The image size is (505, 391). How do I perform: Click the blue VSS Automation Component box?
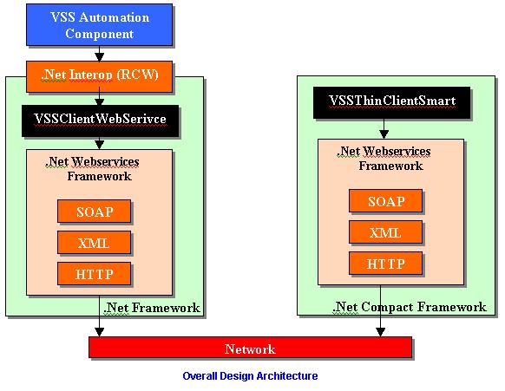99,25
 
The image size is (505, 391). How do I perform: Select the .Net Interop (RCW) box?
99,76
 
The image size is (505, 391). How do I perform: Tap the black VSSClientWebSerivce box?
100,121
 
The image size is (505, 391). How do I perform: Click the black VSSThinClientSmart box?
391,102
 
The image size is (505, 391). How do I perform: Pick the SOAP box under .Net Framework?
94,212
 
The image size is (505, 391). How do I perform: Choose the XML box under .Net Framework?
94,243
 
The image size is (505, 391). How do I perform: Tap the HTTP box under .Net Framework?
94,274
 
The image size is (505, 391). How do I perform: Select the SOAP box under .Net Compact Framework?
385,201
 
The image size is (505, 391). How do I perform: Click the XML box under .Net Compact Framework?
385,232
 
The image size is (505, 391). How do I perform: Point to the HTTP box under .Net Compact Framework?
385,264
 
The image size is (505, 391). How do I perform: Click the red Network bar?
250,348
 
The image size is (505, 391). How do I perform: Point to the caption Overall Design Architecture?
250,376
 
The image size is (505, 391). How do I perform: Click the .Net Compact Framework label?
409,307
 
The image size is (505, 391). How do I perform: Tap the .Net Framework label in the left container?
151,308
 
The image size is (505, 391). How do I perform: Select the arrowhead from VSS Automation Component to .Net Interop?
99,57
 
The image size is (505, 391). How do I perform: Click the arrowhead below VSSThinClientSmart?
384,134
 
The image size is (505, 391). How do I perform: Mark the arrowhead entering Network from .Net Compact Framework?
380,332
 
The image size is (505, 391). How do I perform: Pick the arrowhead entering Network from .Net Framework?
99,332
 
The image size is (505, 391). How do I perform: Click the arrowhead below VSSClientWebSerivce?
99,145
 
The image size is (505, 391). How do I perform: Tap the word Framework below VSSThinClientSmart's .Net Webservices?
390,166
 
